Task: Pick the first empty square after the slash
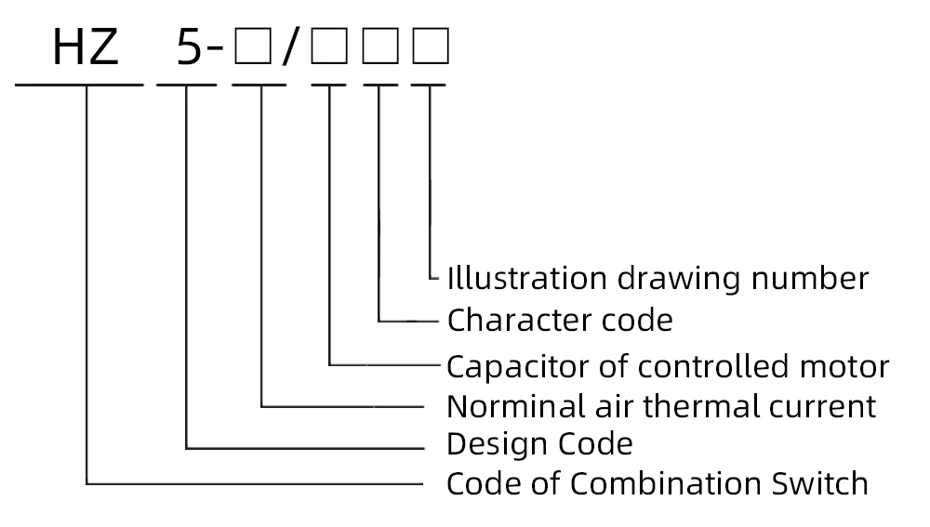pyautogui.click(x=328, y=47)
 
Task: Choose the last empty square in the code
pyautogui.click(x=431, y=47)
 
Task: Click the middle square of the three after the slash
pyautogui.click(x=379, y=47)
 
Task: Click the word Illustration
pyautogui.click(x=506, y=278)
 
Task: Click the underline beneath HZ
pyautogui.click(x=79, y=85)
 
